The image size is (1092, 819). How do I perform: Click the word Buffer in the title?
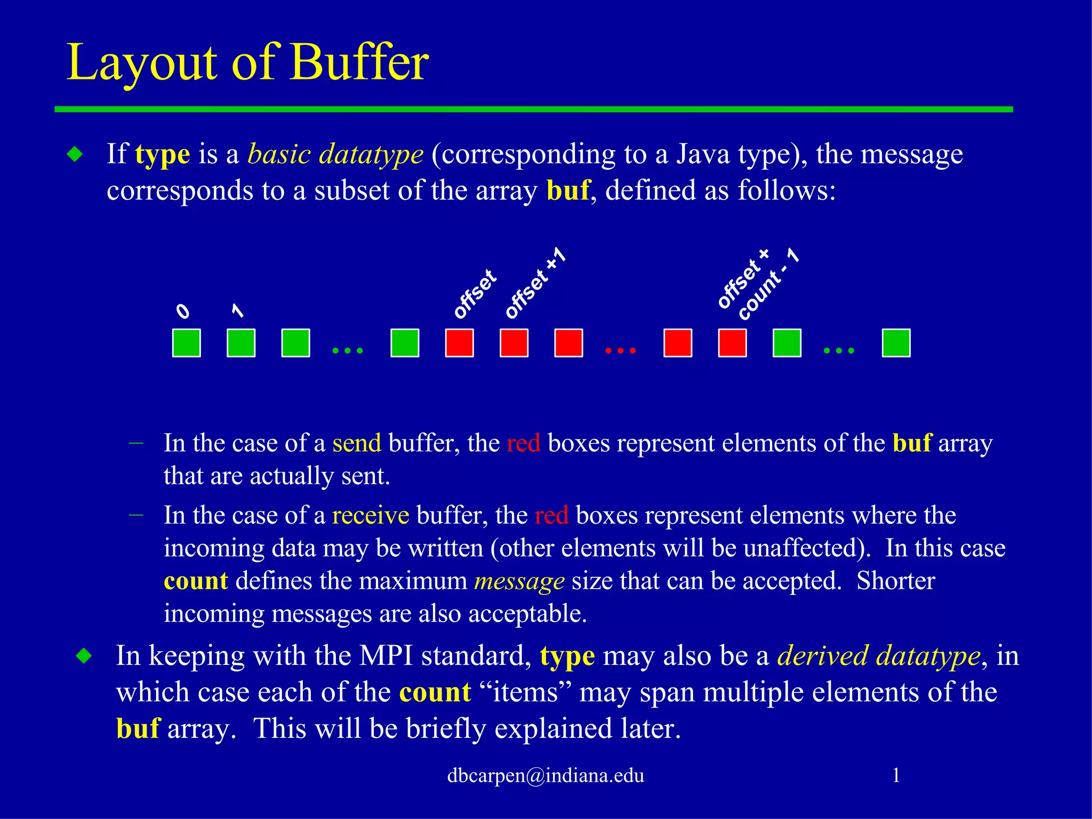[x=359, y=63]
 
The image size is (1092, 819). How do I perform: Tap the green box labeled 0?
[x=187, y=343]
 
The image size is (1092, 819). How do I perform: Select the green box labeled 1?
[x=241, y=343]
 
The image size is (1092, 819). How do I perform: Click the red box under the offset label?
[x=459, y=343]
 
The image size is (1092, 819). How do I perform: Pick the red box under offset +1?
[x=514, y=343]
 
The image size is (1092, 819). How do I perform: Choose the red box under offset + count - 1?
[x=732, y=343]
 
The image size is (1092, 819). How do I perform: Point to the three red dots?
[x=621, y=350]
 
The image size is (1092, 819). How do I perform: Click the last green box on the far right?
[x=896, y=343]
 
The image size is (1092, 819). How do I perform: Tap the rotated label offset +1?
[x=535, y=284]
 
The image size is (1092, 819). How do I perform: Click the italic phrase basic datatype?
[x=335, y=155]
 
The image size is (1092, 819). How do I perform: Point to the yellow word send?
[x=357, y=443]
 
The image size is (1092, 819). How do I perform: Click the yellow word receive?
[x=371, y=516]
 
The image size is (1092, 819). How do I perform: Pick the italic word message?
[x=519, y=581]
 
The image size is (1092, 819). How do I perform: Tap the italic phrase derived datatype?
[x=879, y=656]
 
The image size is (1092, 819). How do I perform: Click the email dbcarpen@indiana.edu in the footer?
[x=545, y=775]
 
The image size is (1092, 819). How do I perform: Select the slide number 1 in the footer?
[x=896, y=775]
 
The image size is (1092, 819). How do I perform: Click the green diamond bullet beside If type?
[x=75, y=155]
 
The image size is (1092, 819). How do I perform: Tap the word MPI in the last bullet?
[x=386, y=656]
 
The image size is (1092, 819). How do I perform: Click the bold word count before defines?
[x=196, y=581]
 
